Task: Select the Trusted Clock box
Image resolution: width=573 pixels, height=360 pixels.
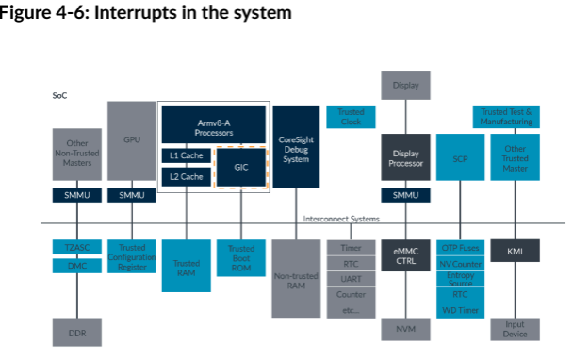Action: [x=351, y=117]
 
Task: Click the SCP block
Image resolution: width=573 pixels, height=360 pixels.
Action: [x=460, y=160]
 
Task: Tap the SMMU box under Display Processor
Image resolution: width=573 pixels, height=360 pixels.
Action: [x=405, y=196]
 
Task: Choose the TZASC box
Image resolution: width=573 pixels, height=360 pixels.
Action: [x=75, y=247]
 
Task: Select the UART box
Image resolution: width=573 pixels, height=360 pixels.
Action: [x=351, y=278]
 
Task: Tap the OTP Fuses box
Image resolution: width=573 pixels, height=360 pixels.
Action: [x=460, y=247]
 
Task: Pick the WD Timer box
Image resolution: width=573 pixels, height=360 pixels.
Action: [x=460, y=310]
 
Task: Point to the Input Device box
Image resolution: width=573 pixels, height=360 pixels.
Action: [x=515, y=330]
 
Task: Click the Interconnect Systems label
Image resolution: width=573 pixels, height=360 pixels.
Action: [x=341, y=219]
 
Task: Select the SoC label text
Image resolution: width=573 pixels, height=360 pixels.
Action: [x=58, y=95]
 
